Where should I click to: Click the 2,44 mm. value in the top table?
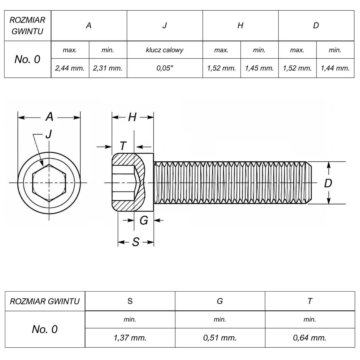(70, 68)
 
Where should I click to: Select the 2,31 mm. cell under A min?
(108, 68)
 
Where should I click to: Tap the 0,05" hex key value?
(165, 68)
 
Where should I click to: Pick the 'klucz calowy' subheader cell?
(165, 50)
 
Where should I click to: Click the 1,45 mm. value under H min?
(259, 68)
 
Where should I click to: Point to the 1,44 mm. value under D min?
(335, 68)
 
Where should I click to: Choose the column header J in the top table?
(165, 25)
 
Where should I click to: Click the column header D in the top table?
(316, 25)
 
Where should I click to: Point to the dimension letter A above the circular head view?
(49, 117)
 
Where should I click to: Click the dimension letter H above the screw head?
(132, 117)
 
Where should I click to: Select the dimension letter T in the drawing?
(123, 146)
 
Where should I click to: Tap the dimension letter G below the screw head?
(144, 220)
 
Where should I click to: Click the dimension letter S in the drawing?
(136, 242)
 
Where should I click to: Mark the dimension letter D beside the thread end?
(328, 183)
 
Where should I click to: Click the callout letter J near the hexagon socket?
(49, 134)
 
